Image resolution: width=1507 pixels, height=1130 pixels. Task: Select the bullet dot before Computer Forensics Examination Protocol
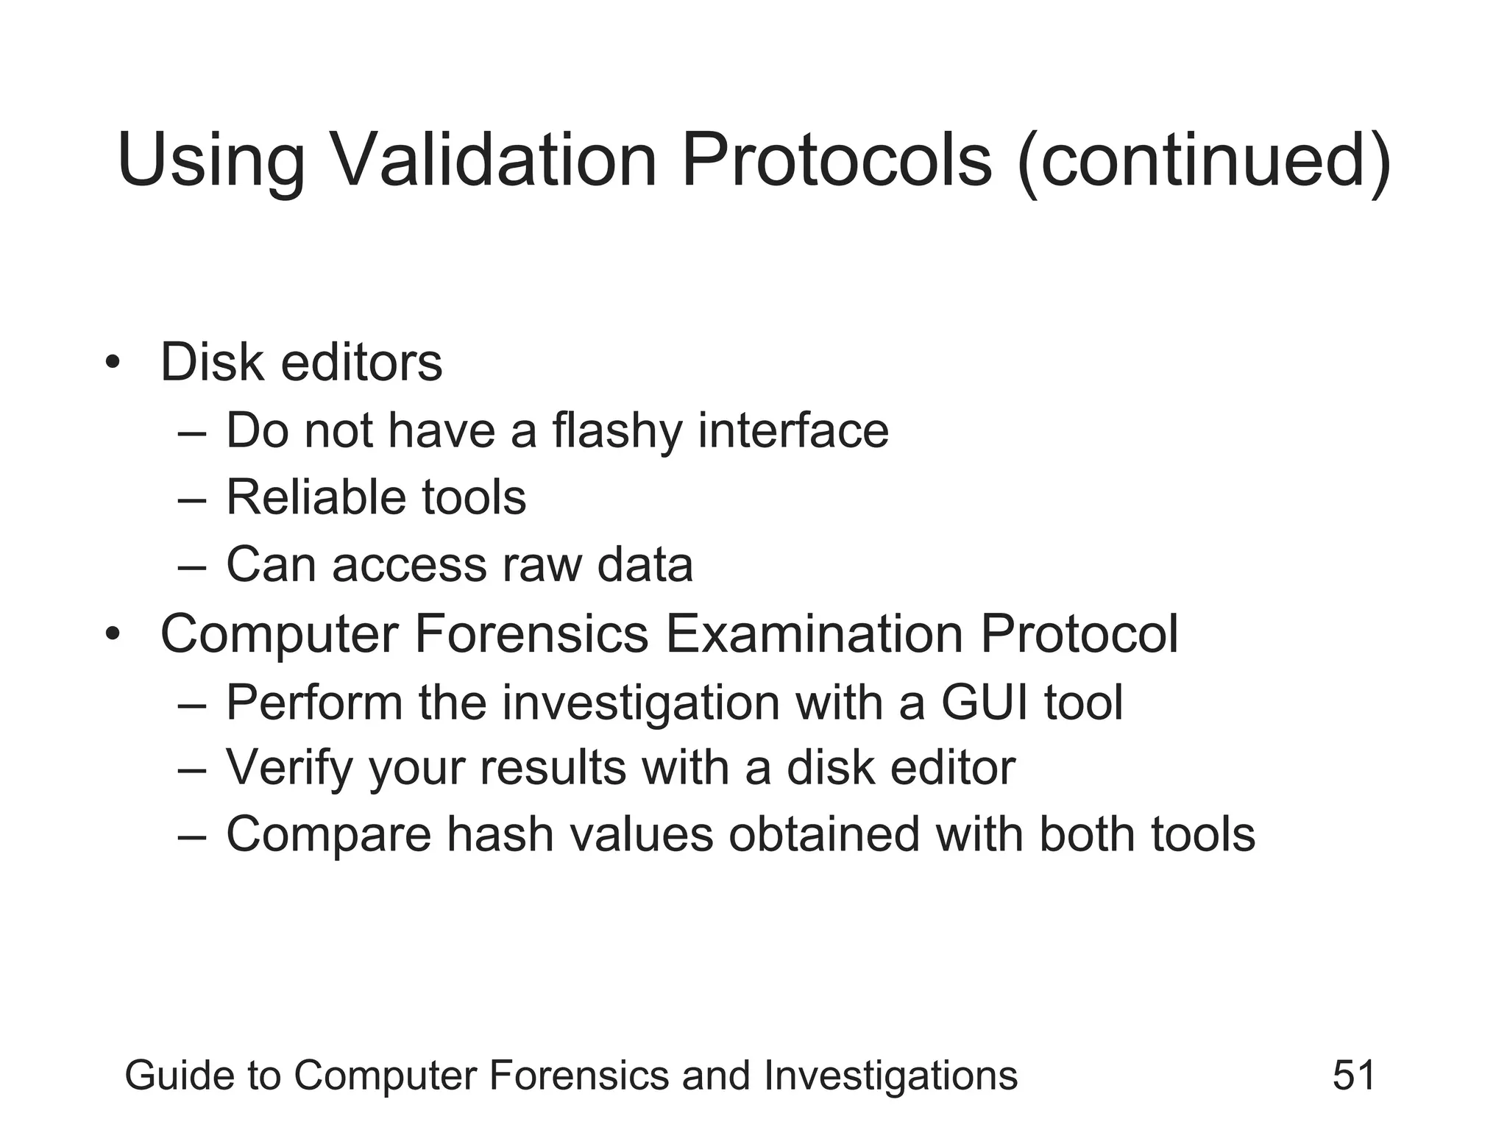(112, 633)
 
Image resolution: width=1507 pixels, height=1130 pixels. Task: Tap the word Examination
(814, 633)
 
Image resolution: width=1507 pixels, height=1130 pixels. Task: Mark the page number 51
(1353, 1076)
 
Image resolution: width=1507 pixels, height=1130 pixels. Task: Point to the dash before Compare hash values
(191, 836)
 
